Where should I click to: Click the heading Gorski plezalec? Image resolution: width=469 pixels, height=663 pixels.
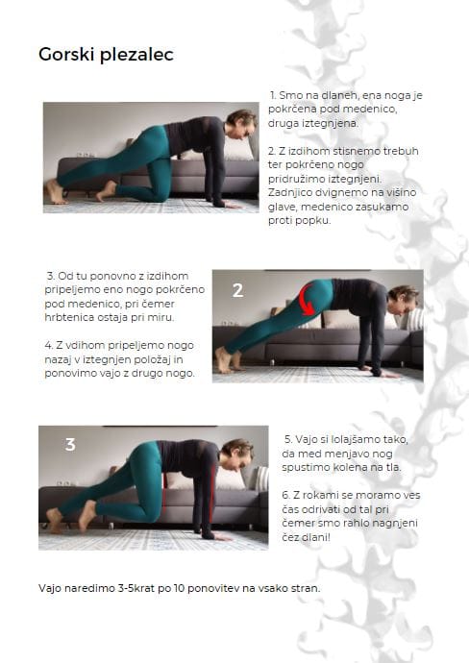(106, 55)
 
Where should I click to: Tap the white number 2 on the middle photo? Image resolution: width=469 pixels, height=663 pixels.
(237, 290)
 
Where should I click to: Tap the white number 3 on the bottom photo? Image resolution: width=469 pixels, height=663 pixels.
(70, 444)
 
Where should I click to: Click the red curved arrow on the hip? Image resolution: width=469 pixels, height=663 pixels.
(307, 300)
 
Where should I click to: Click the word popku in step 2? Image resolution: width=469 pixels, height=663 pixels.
(314, 221)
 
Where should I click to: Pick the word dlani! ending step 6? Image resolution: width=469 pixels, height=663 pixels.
(313, 537)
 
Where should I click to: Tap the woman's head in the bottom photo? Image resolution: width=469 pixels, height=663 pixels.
(236, 454)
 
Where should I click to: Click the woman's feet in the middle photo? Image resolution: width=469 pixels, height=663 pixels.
(227, 360)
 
